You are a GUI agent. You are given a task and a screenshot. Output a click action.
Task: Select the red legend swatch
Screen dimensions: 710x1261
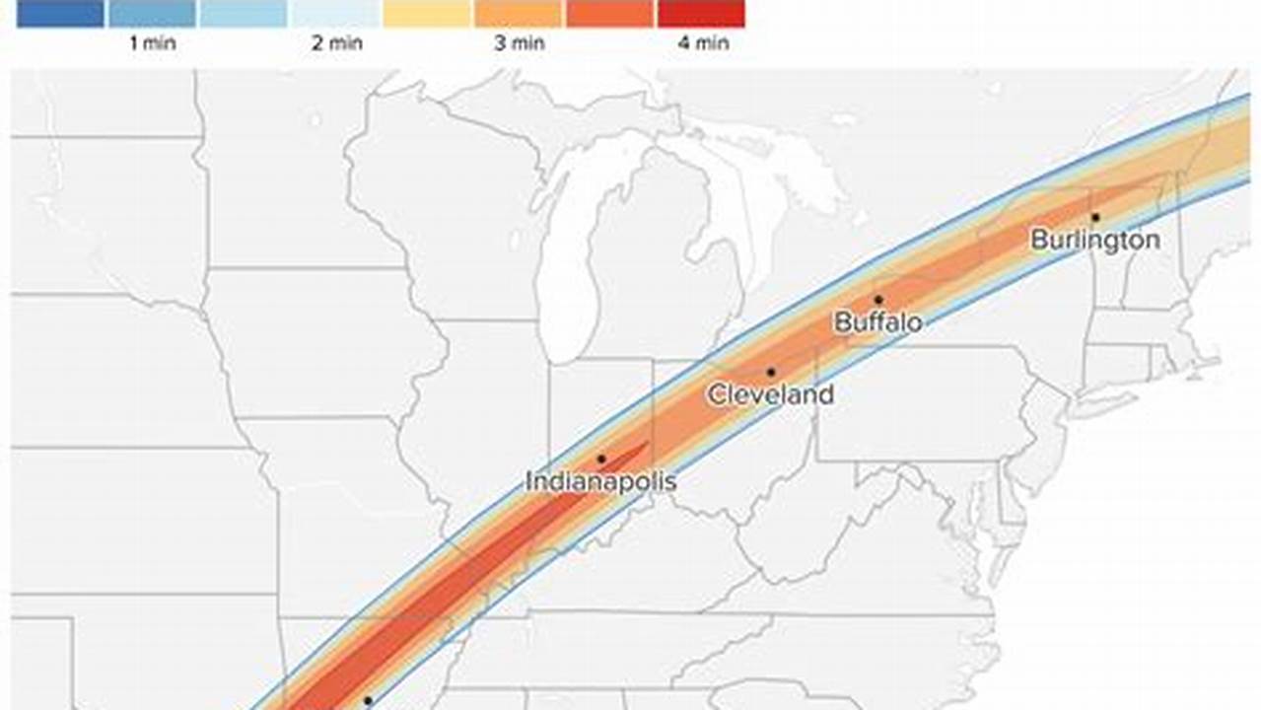pyautogui.click(x=700, y=14)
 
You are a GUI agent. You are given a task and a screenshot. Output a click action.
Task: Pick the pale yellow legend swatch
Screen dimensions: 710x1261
pyautogui.click(x=426, y=14)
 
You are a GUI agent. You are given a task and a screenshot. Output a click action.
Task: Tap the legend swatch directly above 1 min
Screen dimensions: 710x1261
pyautogui.click(x=152, y=14)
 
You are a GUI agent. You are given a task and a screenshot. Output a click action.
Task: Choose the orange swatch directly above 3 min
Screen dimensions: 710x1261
pyautogui.click(x=518, y=14)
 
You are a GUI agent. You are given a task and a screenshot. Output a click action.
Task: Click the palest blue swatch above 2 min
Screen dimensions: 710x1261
pyautogui.click(x=335, y=14)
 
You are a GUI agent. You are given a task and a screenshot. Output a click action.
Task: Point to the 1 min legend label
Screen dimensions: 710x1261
pyautogui.click(x=152, y=43)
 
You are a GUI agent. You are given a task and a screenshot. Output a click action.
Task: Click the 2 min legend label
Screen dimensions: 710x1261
pyautogui.click(x=336, y=43)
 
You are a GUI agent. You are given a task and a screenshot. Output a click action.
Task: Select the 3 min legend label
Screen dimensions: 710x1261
pyautogui.click(x=519, y=43)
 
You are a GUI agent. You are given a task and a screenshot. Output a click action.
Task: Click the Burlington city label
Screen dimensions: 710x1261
pyautogui.click(x=1095, y=240)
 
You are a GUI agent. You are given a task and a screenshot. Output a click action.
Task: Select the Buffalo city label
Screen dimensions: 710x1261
pyautogui.click(x=878, y=321)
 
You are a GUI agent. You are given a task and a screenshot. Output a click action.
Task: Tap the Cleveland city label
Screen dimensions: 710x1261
pyautogui.click(x=770, y=395)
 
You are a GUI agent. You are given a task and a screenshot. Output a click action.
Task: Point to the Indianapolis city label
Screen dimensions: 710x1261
pyautogui.click(x=600, y=482)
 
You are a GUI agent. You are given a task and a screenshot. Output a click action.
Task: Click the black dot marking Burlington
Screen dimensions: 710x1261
pyautogui.click(x=1095, y=217)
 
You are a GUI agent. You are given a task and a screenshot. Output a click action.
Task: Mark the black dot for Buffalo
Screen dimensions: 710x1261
pyautogui.click(x=877, y=300)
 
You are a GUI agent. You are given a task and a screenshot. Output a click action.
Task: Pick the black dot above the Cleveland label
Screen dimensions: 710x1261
pyautogui.click(x=770, y=372)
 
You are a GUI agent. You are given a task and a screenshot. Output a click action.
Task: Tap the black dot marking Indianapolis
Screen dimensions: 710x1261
pyautogui.click(x=600, y=459)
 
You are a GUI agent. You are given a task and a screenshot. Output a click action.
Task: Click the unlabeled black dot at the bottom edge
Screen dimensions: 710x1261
pyautogui.click(x=368, y=700)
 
